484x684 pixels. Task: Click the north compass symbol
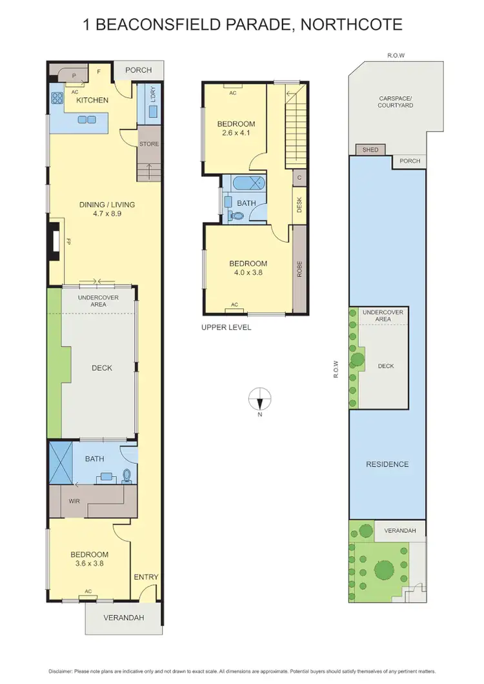[259, 399]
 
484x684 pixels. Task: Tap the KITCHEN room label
[92, 101]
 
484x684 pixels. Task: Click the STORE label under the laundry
[149, 144]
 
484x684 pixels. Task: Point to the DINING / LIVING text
[107, 205]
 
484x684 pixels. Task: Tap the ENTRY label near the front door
[146, 577]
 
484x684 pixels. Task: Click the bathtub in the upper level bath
[245, 183]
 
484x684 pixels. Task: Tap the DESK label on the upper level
[299, 205]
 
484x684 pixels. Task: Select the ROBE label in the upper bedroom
[299, 268]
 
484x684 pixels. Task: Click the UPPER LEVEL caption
[226, 328]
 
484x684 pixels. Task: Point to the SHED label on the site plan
[370, 150]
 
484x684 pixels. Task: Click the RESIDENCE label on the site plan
[387, 464]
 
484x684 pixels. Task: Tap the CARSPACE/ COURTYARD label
[396, 101]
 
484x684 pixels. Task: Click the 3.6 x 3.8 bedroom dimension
[90, 563]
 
